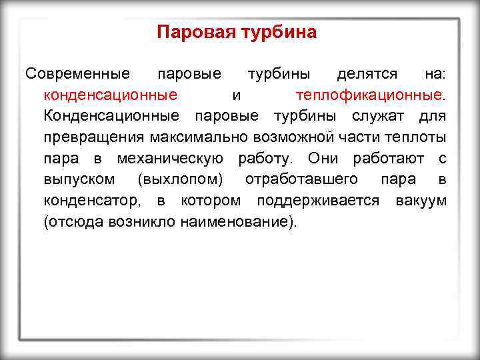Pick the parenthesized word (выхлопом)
181,181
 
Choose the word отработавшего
301,180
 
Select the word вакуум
421,201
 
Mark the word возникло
141,223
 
